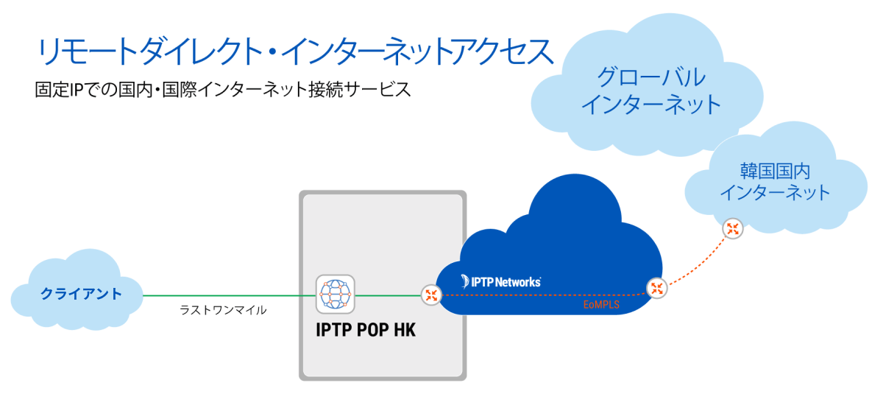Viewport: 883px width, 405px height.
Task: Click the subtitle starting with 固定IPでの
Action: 221,91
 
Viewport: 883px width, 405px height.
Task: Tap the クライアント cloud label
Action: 81,295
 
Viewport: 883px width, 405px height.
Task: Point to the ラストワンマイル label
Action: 223,311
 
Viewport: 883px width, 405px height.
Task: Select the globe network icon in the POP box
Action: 335,295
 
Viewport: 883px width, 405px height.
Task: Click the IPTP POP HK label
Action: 366,331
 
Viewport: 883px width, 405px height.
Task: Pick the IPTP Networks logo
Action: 500,281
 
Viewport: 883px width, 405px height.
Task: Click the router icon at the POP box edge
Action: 430,295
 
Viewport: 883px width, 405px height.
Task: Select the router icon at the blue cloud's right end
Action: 656,288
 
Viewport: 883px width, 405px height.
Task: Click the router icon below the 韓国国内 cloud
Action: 732,228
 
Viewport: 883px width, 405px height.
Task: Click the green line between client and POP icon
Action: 228,295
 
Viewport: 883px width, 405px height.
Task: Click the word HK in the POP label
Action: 403,331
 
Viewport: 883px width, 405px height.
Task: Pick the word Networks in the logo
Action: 518,281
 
